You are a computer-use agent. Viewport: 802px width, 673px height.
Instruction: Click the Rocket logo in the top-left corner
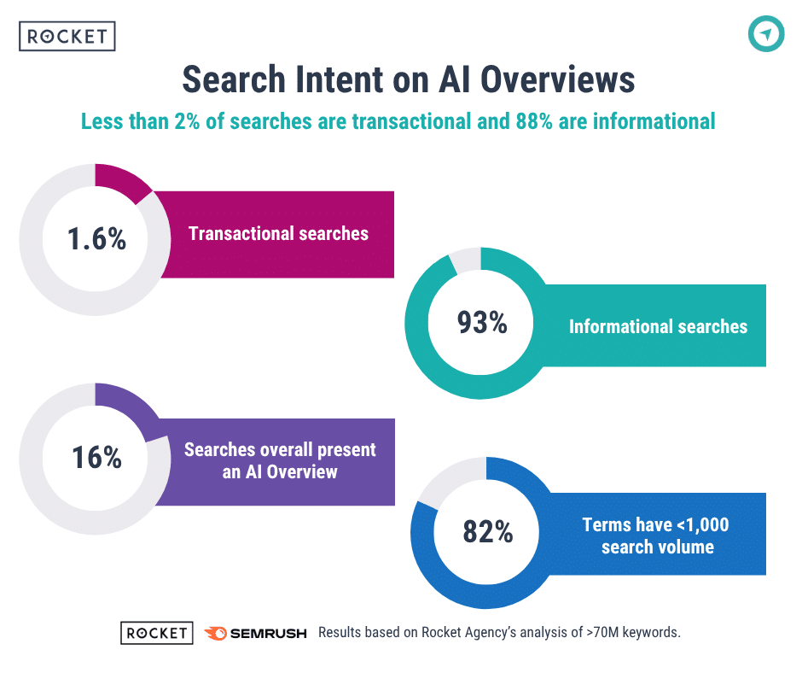(67, 36)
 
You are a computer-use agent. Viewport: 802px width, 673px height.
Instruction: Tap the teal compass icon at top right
(765, 34)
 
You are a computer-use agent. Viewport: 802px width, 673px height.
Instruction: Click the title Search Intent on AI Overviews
(408, 80)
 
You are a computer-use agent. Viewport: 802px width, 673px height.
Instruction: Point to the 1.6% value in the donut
(96, 238)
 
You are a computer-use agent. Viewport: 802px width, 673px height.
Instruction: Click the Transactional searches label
(278, 233)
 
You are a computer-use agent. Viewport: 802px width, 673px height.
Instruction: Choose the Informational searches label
(658, 326)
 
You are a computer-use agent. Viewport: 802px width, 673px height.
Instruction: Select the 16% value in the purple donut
(96, 458)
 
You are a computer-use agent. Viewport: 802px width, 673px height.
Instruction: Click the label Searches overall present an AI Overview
(280, 460)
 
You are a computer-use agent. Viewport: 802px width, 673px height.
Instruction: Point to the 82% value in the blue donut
(487, 532)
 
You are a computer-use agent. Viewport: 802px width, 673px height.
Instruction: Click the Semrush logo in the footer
(256, 633)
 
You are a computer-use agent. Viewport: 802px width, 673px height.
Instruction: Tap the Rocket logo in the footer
(156, 633)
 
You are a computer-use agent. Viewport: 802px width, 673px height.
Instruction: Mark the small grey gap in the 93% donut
(465, 260)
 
